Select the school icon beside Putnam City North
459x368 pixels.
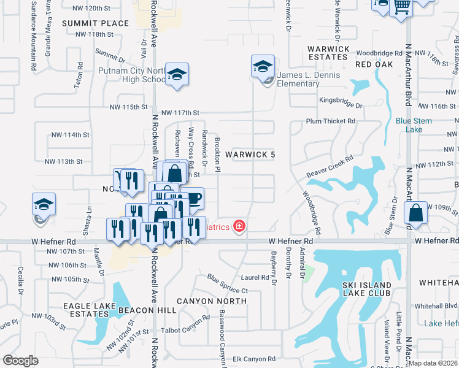click(x=177, y=75)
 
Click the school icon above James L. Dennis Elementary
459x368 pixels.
click(x=263, y=66)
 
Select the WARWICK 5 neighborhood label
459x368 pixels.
click(x=250, y=155)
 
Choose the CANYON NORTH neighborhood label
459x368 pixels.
click(x=212, y=301)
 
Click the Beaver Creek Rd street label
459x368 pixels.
click(x=332, y=167)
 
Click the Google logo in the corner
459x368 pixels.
click(x=20, y=360)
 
